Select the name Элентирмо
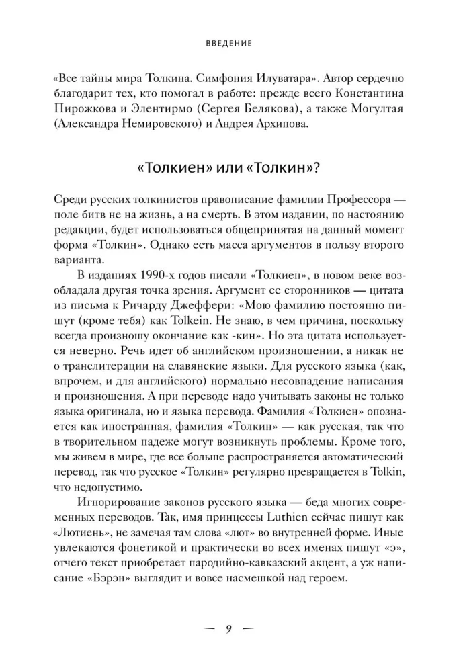pyautogui.click(x=177, y=108)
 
